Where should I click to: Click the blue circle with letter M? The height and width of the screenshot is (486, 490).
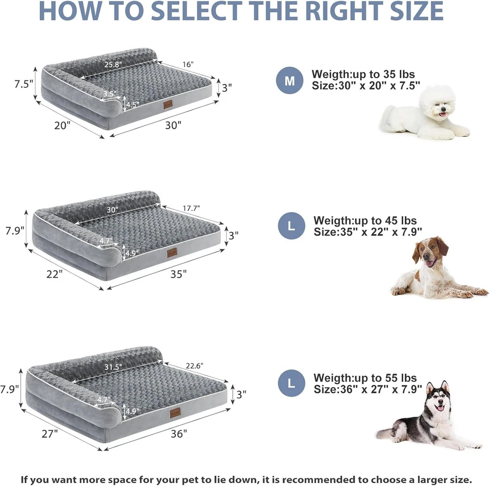[x=290, y=80]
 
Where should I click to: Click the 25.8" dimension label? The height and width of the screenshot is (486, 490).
[x=113, y=64]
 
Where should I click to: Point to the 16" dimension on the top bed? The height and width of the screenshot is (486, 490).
[x=188, y=64]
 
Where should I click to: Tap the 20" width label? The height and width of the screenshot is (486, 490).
[x=62, y=126]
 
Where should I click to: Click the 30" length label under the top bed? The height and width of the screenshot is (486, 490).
[x=173, y=126]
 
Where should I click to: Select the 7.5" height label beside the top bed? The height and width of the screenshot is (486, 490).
[x=24, y=84]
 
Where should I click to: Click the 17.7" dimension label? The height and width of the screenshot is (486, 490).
[x=191, y=208]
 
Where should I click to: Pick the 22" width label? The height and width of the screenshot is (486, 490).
[x=54, y=274]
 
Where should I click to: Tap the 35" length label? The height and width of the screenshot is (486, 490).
[x=178, y=274]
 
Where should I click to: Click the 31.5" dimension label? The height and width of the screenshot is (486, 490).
[x=113, y=367]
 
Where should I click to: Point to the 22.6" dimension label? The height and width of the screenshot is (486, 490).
[x=195, y=366]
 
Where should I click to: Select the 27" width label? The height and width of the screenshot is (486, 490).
[x=50, y=434]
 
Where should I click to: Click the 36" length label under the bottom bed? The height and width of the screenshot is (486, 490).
[x=179, y=434]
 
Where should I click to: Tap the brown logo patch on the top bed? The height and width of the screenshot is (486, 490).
[x=168, y=105]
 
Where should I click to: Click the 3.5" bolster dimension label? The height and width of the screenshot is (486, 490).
[x=110, y=94]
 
